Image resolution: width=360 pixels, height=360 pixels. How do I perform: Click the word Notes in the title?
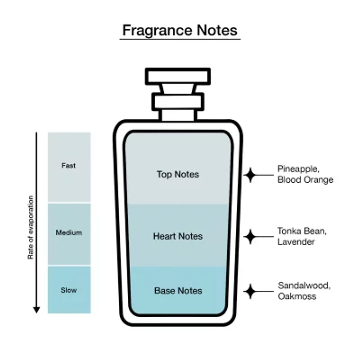coord(217,30)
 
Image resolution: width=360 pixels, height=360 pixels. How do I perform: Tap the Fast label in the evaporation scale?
coord(69,166)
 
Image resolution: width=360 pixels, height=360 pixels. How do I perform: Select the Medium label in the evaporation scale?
coord(69,233)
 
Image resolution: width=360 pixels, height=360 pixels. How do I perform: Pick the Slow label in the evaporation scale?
coord(69,290)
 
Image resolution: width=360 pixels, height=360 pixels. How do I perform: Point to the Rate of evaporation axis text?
coord(31,227)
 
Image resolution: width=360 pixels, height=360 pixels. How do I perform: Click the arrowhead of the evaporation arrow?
coord(36,310)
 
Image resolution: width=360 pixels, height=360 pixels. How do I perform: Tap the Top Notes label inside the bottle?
coord(178,174)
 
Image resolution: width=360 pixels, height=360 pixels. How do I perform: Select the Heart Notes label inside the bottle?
coord(178,236)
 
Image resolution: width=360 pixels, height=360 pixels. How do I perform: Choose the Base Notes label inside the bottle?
coord(178,291)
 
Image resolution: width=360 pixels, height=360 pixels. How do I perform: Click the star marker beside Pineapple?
coord(250,175)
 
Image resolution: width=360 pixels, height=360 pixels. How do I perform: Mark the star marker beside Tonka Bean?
coord(250,237)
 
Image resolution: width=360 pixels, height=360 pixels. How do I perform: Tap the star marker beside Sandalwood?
coord(250,291)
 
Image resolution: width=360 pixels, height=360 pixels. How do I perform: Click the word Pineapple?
coord(298,169)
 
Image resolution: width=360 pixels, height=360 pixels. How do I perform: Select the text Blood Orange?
coord(306,180)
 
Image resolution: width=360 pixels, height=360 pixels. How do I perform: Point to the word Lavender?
coord(296,242)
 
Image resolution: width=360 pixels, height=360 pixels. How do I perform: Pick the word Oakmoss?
coord(297,297)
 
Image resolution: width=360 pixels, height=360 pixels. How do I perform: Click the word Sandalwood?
coord(304,286)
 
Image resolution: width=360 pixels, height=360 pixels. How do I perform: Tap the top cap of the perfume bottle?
coord(178,76)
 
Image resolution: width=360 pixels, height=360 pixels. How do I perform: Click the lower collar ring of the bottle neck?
coord(178,102)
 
